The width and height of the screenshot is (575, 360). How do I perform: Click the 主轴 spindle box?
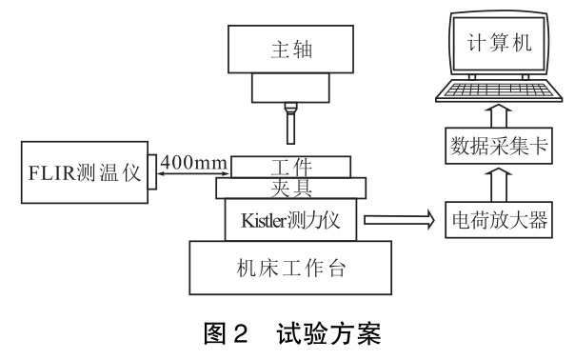coord(290,50)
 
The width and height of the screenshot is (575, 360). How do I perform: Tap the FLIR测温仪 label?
coord(85,172)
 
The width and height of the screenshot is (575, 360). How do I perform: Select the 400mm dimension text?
coord(193,162)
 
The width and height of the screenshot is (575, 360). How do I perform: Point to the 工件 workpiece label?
coord(291,167)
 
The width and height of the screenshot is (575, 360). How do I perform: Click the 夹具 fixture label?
coord(291,188)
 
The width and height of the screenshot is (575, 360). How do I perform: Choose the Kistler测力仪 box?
coord(290,220)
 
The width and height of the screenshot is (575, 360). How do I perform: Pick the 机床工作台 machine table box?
coord(290,268)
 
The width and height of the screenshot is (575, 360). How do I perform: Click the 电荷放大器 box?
coord(499,220)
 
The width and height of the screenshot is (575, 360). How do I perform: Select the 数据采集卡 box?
coord(499,146)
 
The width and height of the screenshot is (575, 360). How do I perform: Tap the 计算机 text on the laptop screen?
coord(499,43)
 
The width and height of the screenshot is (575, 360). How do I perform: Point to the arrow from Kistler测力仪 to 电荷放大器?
coord(399,220)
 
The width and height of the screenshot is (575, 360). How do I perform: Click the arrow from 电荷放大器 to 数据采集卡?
coord(499,185)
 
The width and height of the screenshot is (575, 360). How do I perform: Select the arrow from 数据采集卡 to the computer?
coord(499,116)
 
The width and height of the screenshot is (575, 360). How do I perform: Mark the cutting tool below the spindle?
coord(290,123)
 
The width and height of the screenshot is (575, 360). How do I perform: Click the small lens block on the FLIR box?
coord(152,171)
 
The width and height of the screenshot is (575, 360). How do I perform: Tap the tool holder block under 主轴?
coord(290,88)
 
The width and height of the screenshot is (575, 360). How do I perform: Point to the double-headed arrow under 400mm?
coord(193,173)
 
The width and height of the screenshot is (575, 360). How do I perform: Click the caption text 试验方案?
coord(328,333)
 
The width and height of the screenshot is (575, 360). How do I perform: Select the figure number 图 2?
coord(226,333)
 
